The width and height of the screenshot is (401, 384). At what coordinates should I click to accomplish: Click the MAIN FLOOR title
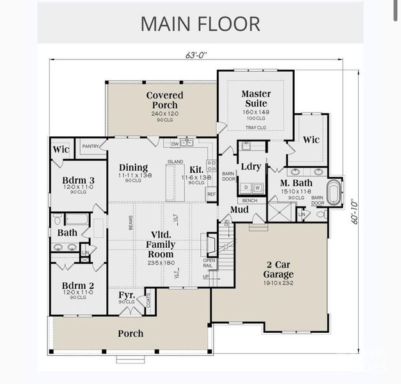[200, 24]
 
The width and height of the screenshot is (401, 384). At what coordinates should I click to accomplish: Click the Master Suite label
[256, 99]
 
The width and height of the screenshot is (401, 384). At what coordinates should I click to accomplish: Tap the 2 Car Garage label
[279, 269]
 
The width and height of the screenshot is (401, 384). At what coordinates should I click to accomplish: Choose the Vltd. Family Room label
[161, 244]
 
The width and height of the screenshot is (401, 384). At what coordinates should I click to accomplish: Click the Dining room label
[133, 168]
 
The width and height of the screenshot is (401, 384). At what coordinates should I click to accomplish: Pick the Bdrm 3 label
[79, 181]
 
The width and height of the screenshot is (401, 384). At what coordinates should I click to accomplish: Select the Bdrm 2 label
[79, 285]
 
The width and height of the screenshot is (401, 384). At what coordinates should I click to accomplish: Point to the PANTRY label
[90, 147]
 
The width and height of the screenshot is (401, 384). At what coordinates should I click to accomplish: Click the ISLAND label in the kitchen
[175, 161]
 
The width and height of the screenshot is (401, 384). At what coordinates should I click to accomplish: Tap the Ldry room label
[251, 166]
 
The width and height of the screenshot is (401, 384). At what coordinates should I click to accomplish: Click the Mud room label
[239, 210]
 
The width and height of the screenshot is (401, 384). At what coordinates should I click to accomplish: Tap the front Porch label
[130, 333]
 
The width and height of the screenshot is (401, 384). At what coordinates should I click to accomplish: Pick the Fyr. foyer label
[127, 295]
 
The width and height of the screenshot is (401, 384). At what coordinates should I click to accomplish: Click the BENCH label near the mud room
[249, 200]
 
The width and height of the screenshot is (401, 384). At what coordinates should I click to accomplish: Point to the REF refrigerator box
[211, 194]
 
